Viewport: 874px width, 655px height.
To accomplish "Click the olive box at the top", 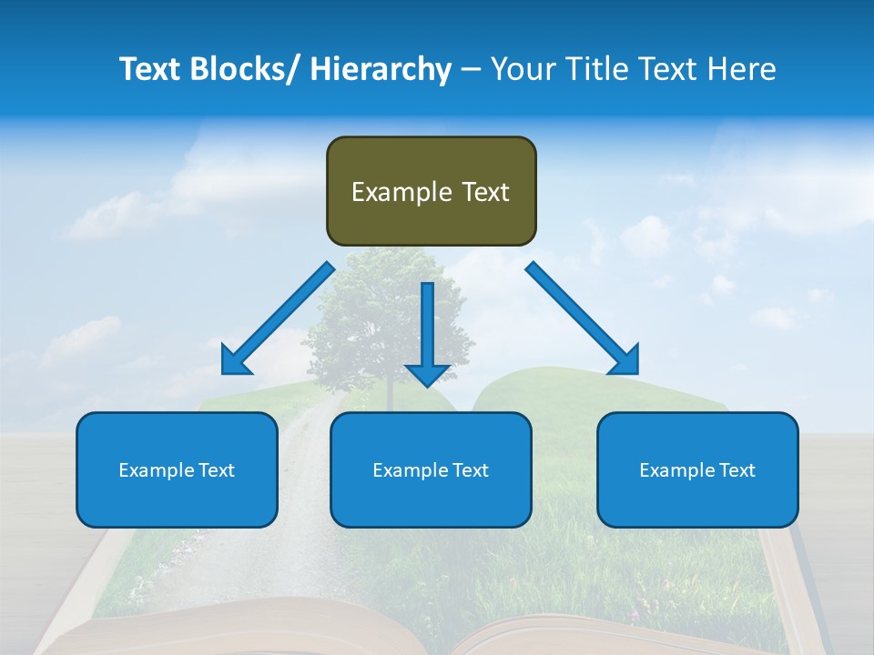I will point(431,191).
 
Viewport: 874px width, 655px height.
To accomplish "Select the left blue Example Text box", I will point(177,469).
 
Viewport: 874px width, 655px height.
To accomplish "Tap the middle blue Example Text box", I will point(431,469).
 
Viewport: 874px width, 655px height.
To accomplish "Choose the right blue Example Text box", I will point(697,469).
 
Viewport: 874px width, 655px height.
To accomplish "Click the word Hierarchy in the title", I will point(381,69).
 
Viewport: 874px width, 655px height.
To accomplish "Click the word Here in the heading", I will point(740,69).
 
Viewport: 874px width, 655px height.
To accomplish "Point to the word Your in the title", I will point(521,69).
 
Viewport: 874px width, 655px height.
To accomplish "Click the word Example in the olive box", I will point(390,192).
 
